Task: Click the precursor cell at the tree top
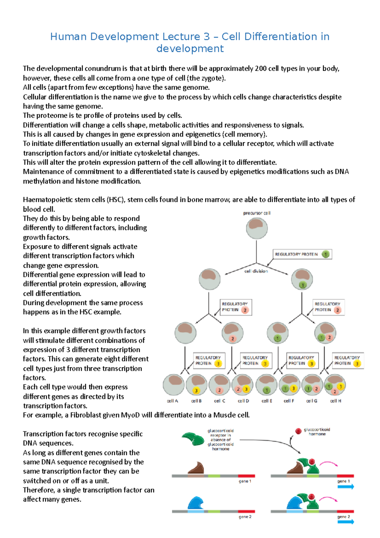click(x=256, y=228)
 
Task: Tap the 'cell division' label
click(x=256, y=271)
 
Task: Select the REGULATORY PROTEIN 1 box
click(x=302, y=254)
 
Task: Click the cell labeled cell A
click(x=174, y=384)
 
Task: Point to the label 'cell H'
click(x=335, y=401)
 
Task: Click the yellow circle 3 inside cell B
click(x=196, y=390)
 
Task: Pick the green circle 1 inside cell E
click(x=266, y=390)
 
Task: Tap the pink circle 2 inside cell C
click(x=219, y=390)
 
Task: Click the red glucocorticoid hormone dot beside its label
click(x=298, y=431)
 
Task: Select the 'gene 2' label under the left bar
click(x=245, y=517)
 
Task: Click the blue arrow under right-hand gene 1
click(x=345, y=487)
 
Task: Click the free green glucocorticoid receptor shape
click(x=193, y=439)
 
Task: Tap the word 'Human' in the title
click(x=68, y=37)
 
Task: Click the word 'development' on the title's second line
click(x=190, y=49)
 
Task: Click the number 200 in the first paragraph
click(x=260, y=69)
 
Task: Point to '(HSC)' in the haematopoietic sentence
click(x=116, y=200)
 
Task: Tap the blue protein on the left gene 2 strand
click(x=196, y=503)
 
